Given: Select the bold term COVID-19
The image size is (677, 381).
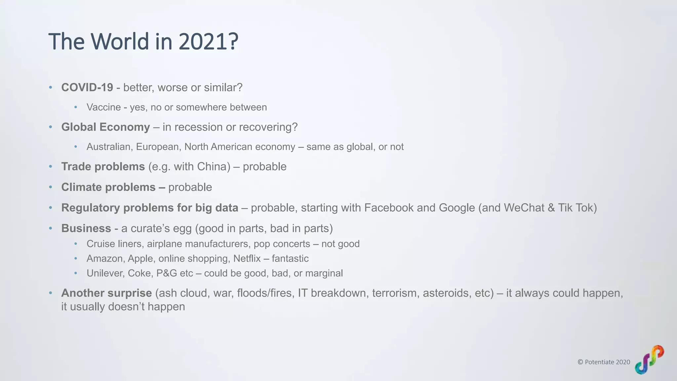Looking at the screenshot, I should point(87,88).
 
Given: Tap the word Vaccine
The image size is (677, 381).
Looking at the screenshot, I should point(103,107).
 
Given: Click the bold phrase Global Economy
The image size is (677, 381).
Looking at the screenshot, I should point(105,127).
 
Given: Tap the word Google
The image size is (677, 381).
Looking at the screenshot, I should point(457,208).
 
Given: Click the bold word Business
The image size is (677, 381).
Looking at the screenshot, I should point(86,228).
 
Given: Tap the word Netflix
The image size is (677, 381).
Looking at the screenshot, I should point(247,259).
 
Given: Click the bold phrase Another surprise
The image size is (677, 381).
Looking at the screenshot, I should point(106,293).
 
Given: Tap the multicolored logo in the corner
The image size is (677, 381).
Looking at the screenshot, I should point(649,360).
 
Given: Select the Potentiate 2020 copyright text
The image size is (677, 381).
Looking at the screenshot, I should point(604,362).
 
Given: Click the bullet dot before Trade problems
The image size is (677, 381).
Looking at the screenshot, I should point(51,166).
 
